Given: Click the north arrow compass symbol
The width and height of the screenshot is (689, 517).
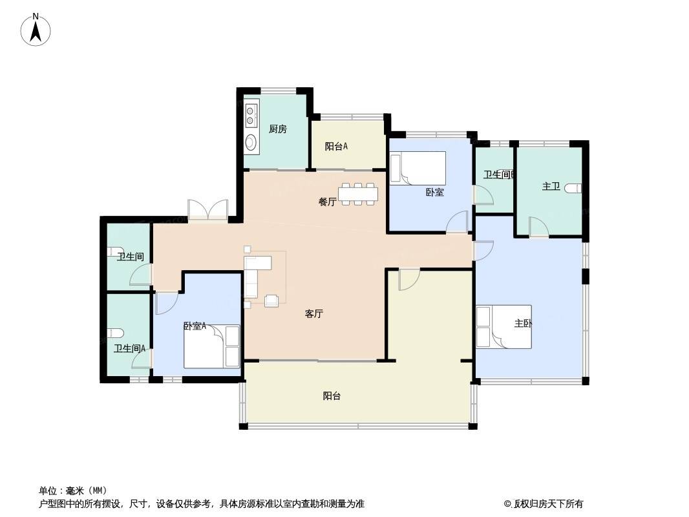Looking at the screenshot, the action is [x=36, y=30].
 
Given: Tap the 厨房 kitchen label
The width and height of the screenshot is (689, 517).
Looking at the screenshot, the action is [x=278, y=129].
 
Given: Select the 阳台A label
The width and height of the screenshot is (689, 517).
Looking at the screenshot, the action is [x=336, y=146].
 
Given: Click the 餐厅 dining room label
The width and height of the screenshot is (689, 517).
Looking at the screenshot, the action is [x=327, y=202].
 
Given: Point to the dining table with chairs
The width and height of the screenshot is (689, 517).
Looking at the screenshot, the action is [x=358, y=194].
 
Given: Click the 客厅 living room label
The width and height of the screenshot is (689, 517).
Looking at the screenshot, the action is [x=314, y=313].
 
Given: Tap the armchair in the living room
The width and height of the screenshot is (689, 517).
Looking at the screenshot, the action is [x=271, y=301].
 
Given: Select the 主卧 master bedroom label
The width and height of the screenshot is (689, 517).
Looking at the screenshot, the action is [x=524, y=323].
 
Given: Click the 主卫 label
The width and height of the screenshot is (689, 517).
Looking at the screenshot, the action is [x=551, y=186].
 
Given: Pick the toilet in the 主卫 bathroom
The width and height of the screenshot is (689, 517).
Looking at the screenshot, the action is [x=574, y=189].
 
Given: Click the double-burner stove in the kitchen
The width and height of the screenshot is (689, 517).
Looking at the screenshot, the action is [x=251, y=114].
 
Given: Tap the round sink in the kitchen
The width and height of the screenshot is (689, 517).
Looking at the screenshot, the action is [x=251, y=142].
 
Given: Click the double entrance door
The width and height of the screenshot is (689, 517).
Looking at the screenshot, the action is [x=208, y=209].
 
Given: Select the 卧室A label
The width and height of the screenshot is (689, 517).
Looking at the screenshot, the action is [x=195, y=326].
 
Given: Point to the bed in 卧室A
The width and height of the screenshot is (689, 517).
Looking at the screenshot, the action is [x=212, y=346].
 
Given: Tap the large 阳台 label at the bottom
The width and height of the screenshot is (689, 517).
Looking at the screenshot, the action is [x=332, y=396].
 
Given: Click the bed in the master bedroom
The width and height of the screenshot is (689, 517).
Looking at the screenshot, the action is [x=504, y=327].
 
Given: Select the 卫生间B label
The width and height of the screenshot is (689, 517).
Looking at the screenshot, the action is [x=500, y=174].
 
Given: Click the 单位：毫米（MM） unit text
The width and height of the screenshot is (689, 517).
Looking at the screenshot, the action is [x=73, y=491].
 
